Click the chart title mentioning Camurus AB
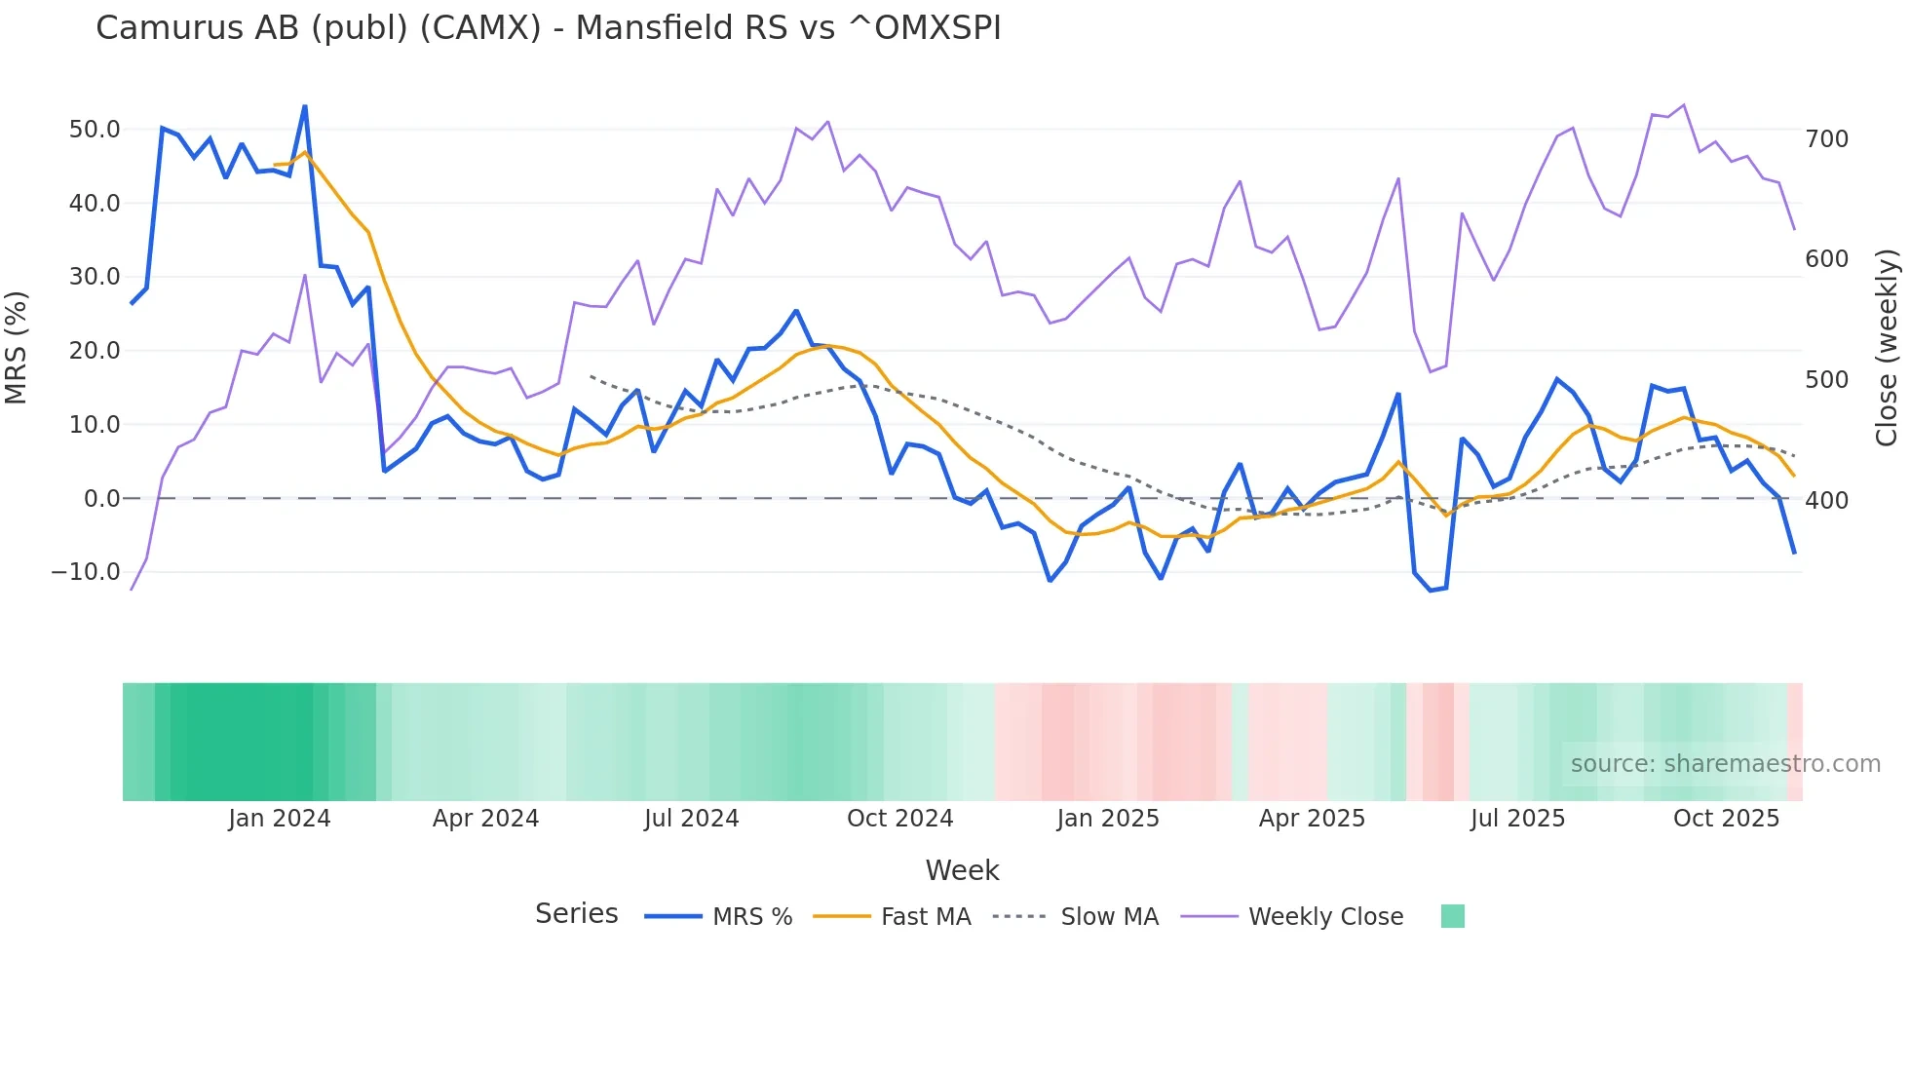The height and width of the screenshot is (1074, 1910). tap(548, 28)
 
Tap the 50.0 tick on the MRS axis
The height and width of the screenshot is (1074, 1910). tap(95, 130)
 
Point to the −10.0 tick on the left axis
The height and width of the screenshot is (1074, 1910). tap(86, 572)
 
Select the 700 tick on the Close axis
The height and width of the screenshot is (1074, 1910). tap(1826, 139)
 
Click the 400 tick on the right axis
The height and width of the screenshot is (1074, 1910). tap(1826, 501)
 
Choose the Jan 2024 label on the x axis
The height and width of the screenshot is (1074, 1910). tap(280, 819)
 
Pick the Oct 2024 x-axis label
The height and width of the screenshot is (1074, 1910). tap(899, 819)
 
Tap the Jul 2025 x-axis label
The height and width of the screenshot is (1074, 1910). tap(1517, 819)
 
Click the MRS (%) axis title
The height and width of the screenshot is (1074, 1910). tap(16, 347)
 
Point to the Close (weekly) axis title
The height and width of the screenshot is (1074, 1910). tap(1887, 347)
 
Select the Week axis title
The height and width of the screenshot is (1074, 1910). tap(962, 870)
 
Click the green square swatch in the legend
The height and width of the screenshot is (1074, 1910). tap(1452, 916)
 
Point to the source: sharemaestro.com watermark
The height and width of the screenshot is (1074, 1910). tap(1725, 764)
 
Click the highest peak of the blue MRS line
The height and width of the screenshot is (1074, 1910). tap(305, 106)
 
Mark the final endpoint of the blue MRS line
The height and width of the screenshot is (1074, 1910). tap(1794, 553)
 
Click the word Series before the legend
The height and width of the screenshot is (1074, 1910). tap(576, 914)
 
